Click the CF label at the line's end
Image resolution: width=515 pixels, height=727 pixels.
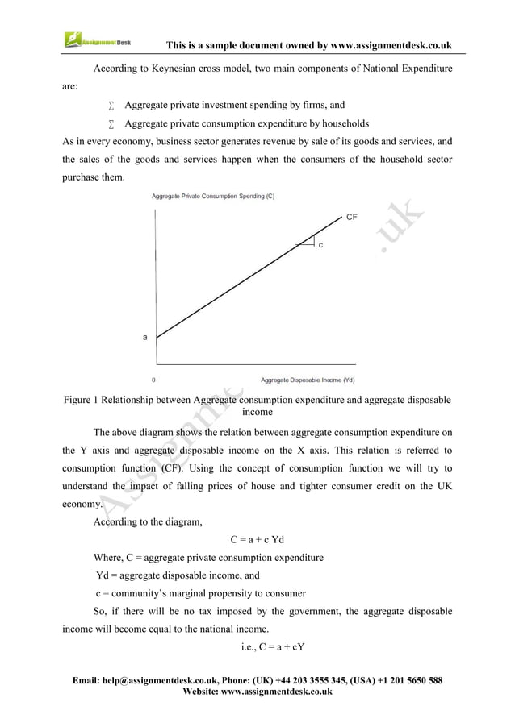[352, 217]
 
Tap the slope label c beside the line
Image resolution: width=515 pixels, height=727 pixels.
[320, 244]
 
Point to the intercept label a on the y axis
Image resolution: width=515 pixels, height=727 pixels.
[145, 338]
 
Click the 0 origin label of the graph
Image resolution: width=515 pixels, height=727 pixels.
[154, 380]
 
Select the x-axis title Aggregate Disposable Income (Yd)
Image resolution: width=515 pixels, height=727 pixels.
[308, 380]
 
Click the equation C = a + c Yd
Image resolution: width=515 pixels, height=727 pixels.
[257, 540]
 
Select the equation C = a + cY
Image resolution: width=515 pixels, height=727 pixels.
[257, 646]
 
